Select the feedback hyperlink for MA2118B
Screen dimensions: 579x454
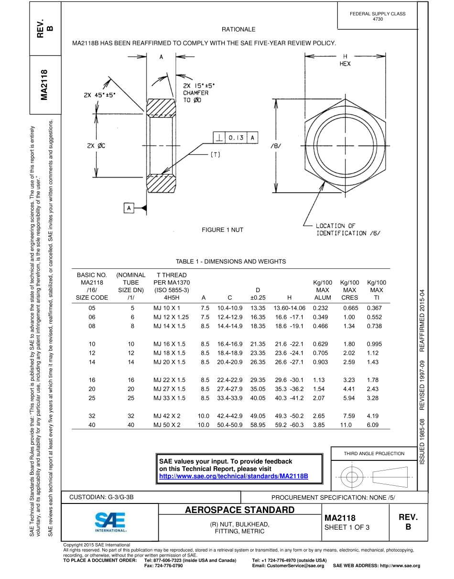pyautogui.click(x=233, y=477)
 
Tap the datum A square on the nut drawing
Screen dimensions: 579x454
pyautogui.click(x=129, y=208)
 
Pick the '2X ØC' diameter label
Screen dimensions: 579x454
pyautogui.click(x=97, y=146)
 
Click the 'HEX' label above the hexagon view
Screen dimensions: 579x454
pyautogui.click(x=345, y=64)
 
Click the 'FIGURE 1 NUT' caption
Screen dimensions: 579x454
pyautogui.click(x=222, y=230)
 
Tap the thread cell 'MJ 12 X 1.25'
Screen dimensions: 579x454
pyautogui.click(x=171, y=317)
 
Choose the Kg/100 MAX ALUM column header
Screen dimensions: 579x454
pyautogui.click(x=323, y=290)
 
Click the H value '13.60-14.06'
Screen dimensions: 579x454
pyautogui.click(x=289, y=308)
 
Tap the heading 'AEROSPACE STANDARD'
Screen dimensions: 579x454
pyautogui.click(x=240, y=510)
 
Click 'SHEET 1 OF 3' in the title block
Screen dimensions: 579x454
pyautogui.click(x=347, y=527)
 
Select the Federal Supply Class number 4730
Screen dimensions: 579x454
pyautogui.click(x=378, y=19)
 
